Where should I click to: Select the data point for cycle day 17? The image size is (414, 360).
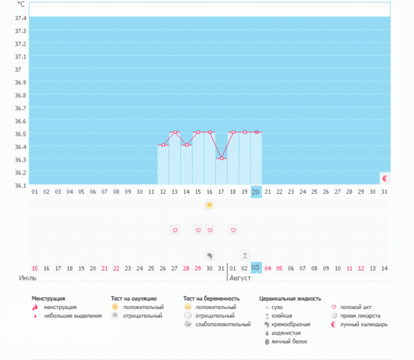pyautogui.click(x=221, y=159)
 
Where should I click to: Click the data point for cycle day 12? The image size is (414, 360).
pyautogui.click(x=163, y=146)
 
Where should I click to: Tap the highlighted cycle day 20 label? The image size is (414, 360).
pyautogui.click(x=255, y=192)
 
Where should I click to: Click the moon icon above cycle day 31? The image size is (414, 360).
pyautogui.click(x=385, y=179)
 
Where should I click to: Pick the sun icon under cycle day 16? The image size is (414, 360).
pyautogui.click(x=209, y=206)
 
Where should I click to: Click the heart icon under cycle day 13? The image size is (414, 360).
pyautogui.click(x=175, y=230)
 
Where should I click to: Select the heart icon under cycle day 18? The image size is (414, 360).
pyautogui.click(x=233, y=230)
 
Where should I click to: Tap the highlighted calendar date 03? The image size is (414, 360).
pyautogui.click(x=255, y=268)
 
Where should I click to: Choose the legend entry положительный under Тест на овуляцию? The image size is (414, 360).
pyautogui.click(x=143, y=307)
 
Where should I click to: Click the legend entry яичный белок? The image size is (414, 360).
pyautogui.click(x=288, y=341)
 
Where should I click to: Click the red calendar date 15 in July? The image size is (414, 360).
pyautogui.click(x=34, y=268)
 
